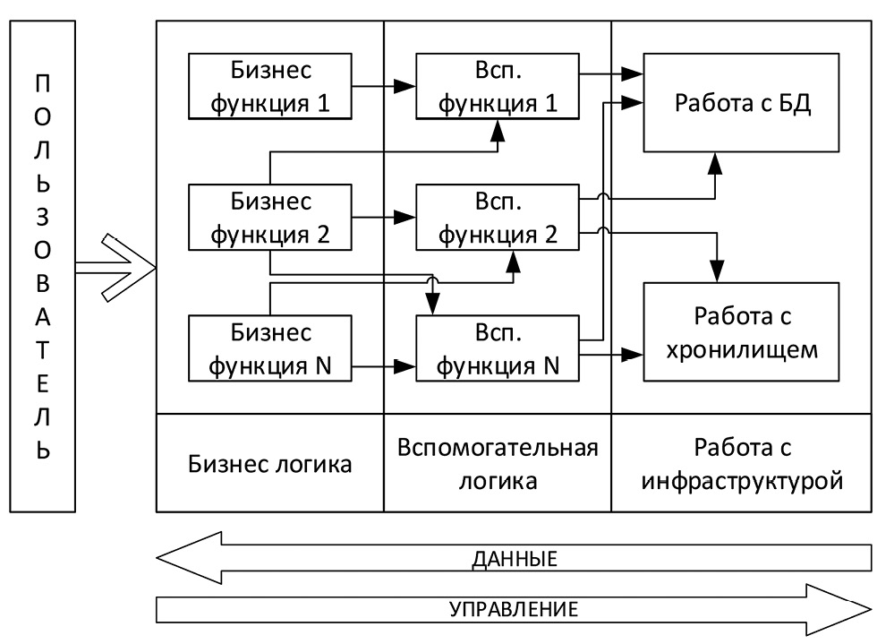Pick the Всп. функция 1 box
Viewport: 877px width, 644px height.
click(498, 87)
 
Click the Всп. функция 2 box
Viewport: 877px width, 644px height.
click(498, 217)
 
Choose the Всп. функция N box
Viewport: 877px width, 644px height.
click(498, 348)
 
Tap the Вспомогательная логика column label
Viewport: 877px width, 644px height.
click(498, 464)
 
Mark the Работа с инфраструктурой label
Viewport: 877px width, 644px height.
click(742, 464)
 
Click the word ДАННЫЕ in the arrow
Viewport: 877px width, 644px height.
click(514, 560)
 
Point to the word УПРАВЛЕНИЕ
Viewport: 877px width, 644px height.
click(514, 610)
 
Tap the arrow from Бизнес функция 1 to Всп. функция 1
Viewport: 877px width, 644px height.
click(386, 87)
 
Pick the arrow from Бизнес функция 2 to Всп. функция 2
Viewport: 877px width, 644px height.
click(386, 217)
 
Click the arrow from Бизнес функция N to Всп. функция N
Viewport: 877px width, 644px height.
click(386, 365)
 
